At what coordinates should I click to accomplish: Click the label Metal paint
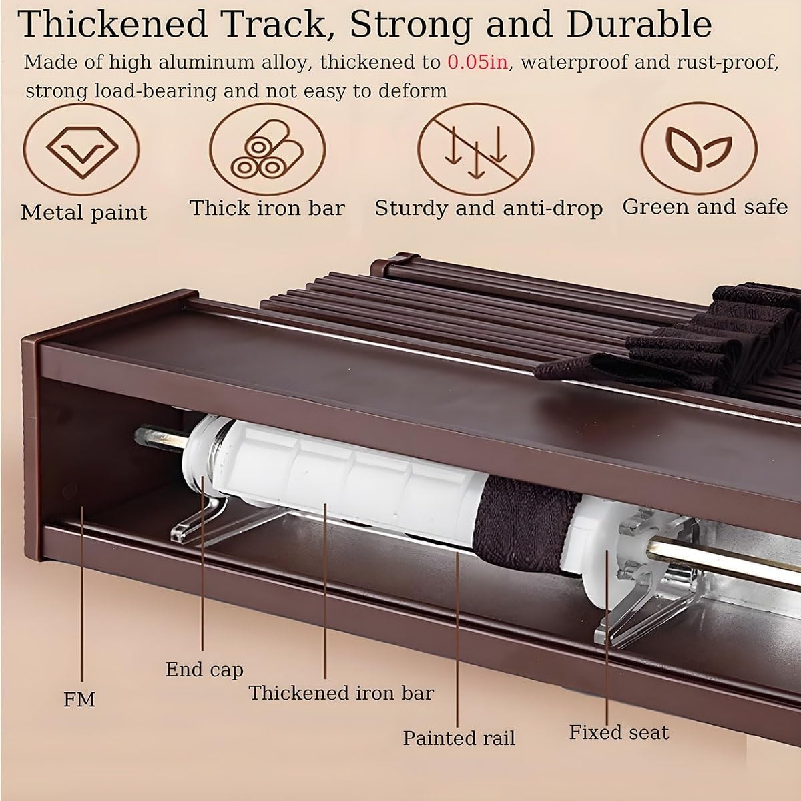click(x=83, y=212)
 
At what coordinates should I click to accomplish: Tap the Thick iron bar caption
click(x=267, y=208)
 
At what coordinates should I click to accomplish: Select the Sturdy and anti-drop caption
click(x=489, y=208)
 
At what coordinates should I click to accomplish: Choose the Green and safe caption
click(x=705, y=207)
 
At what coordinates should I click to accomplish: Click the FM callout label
click(x=79, y=699)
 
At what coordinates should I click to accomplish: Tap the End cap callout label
click(x=204, y=669)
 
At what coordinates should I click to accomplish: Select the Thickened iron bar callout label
click(x=341, y=693)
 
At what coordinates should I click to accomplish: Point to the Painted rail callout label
click(x=459, y=738)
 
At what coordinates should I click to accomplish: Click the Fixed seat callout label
click(x=619, y=732)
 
